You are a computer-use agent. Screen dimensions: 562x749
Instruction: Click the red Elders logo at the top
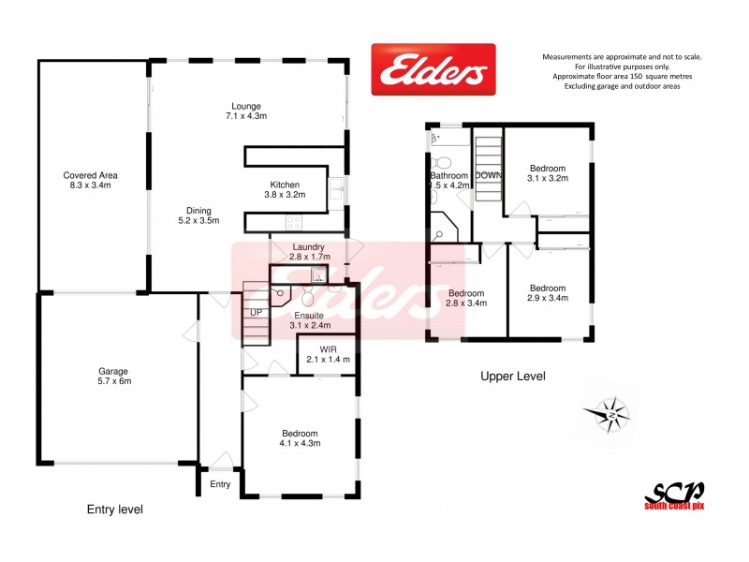pyautogui.click(x=433, y=69)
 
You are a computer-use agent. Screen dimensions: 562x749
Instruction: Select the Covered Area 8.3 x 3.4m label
pyautogui.click(x=90, y=180)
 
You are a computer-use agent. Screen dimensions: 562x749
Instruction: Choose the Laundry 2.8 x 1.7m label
pyautogui.click(x=307, y=252)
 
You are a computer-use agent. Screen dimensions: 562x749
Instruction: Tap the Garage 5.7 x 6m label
pyautogui.click(x=117, y=376)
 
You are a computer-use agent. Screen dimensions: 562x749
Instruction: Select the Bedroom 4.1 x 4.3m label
pyautogui.click(x=301, y=438)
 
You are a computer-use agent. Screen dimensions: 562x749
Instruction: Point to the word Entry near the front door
pyautogui.click(x=220, y=484)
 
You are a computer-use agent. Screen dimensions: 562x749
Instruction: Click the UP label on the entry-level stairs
pyautogui.click(x=254, y=313)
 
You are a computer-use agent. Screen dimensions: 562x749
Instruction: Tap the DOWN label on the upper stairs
pyautogui.click(x=488, y=175)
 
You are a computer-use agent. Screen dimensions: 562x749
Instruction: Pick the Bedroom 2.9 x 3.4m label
pyautogui.click(x=548, y=293)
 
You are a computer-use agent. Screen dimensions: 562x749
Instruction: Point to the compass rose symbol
pyautogui.click(x=609, y=413)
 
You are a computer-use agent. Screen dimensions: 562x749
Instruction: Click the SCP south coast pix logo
pyautogui.click(x=673, y=495)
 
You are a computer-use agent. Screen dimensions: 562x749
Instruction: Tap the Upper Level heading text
pyautogui.click(x=512, y=377)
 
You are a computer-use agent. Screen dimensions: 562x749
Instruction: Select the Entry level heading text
pyautogui.click(x=114, y=510)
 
